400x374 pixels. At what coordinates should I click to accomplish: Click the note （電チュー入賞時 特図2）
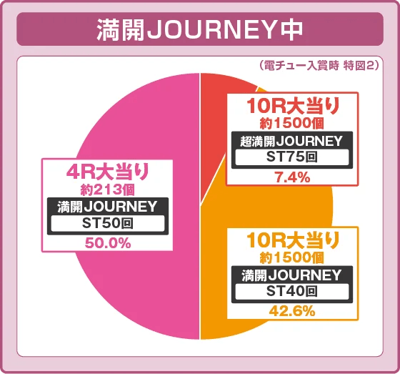(x=320, y=65)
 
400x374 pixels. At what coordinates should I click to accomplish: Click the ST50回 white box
(x=107, y=223)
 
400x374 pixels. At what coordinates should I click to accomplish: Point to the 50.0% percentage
(x=107, y=243)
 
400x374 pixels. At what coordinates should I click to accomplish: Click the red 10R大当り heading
(x=293, y=107)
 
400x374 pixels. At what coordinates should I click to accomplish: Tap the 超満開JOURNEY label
(x=292, y=140)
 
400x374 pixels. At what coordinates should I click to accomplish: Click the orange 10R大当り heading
(x=293, y=240)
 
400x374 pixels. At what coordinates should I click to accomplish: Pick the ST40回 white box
(x=293, y=291)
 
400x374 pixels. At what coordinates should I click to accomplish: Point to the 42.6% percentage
(x=293, y=311)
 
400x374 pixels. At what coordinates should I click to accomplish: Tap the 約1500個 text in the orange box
(x=293, y=257)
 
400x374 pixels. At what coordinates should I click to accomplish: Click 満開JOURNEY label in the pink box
(x=107, y=207)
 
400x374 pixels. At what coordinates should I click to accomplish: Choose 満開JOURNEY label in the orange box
(x=293, y=275)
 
